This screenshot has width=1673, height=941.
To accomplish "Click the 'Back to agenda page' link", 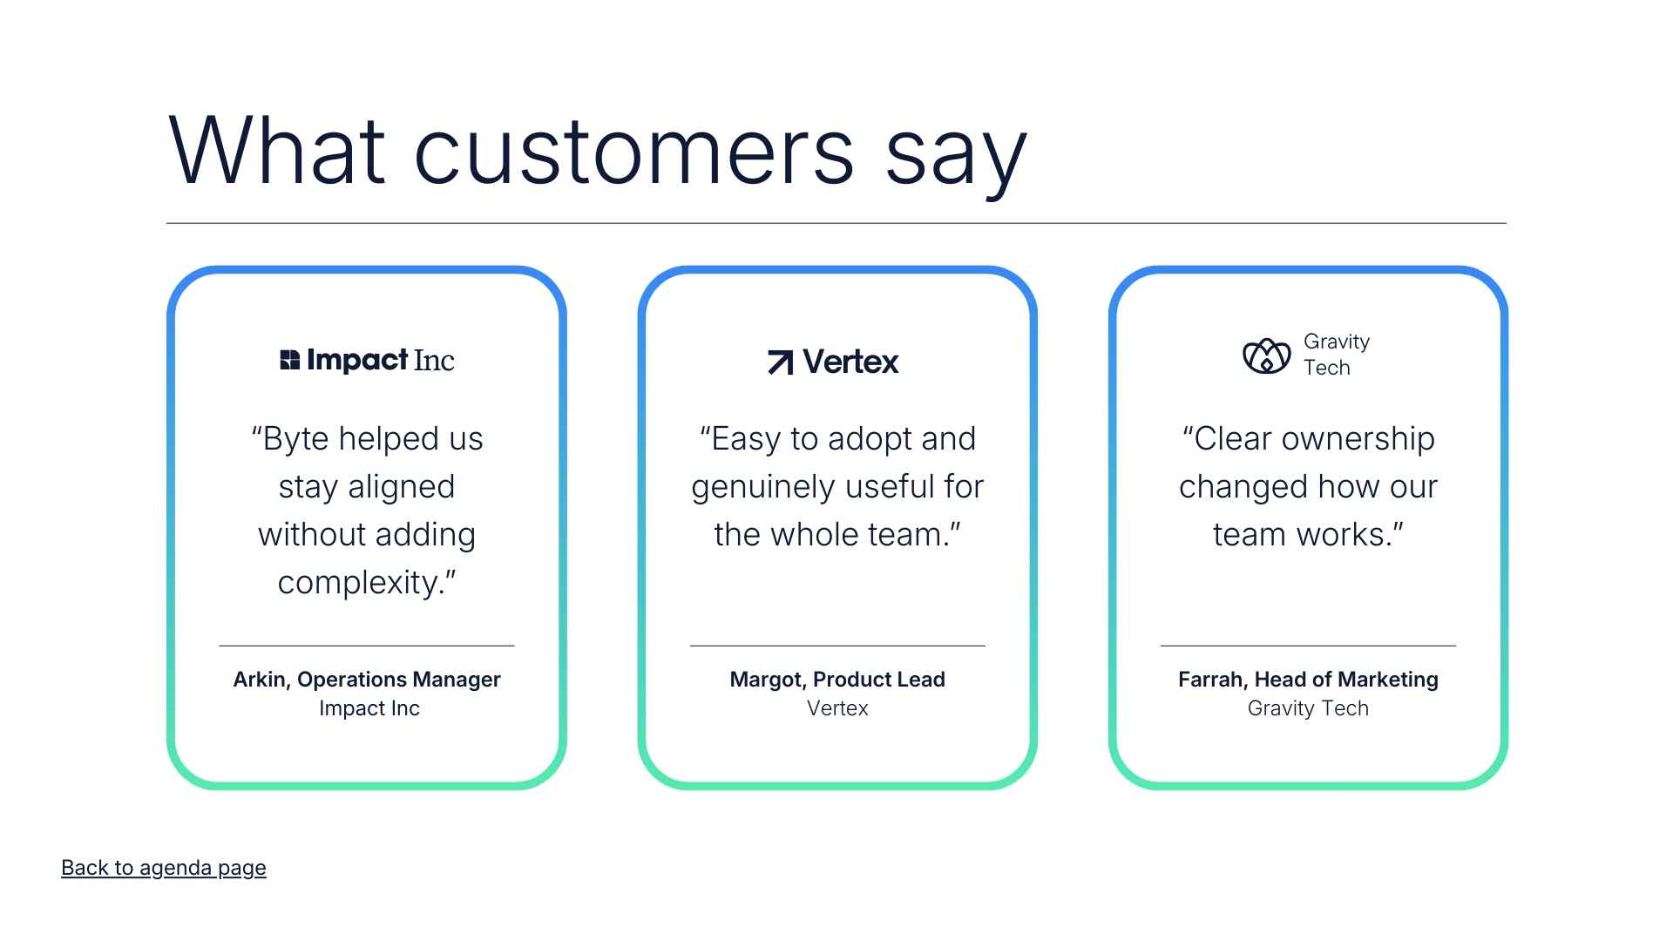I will [x=163, y=868].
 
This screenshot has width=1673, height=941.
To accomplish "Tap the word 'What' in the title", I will [x=276, y=150].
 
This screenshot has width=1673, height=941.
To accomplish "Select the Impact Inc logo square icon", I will [x=289, y=360].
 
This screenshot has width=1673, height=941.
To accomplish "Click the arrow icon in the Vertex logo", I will [x=780, y=362].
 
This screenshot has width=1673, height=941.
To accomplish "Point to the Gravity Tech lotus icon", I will [x=1266, y=355].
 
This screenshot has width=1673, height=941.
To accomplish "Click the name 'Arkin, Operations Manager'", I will [x=366, y=680].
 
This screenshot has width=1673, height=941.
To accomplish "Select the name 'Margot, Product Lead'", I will [x=836, y=680].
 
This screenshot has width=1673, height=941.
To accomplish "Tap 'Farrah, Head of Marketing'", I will [x=1307, y=680].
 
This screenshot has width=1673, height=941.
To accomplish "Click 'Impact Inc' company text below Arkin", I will [x=369, y=708].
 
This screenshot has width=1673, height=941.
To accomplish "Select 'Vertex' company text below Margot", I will [x=836, y=708].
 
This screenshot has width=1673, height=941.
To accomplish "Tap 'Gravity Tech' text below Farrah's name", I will [x=1307, y=708].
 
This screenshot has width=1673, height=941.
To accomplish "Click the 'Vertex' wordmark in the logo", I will [x=850, y=362].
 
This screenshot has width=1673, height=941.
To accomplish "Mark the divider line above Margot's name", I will [x=836, y=646].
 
